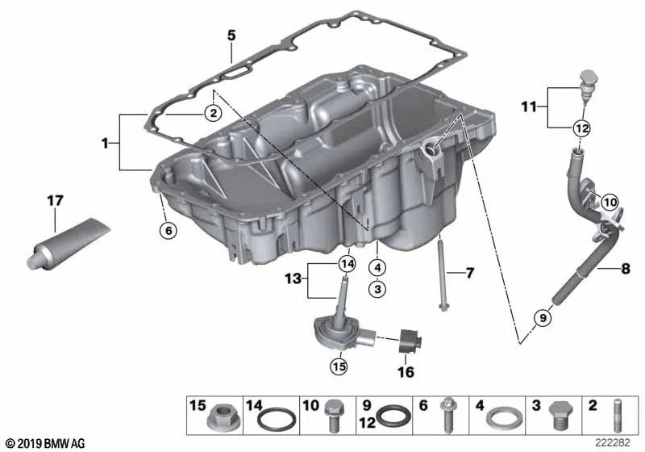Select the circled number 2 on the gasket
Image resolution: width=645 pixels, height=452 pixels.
[212, 114]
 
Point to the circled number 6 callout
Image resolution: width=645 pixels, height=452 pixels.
[167, 231]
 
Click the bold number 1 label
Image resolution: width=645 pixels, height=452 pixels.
[105, 143]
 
